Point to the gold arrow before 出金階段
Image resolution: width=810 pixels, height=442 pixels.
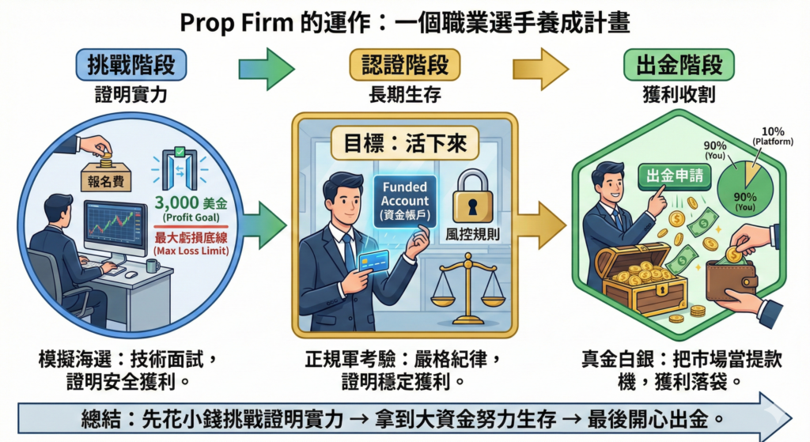point(540,68)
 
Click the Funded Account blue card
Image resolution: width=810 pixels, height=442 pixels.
point(404,201)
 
